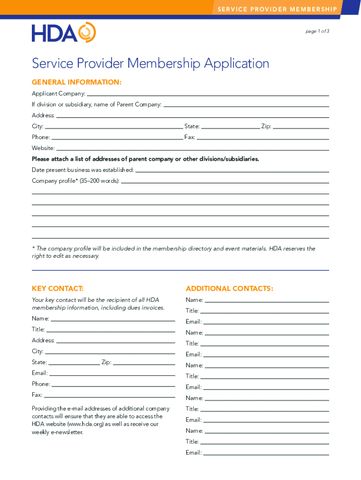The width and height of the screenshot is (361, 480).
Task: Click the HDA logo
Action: coord(64,32)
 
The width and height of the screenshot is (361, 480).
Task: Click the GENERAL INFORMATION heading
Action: coord(77,82)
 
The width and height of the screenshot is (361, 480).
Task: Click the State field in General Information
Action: coord(230,127)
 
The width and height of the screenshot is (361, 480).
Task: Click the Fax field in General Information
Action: coord(263,137)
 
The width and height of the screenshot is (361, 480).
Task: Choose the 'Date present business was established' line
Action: coord(232,170)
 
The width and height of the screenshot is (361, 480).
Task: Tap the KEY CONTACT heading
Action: coord(58,288)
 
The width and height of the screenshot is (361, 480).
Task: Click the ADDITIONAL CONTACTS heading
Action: coord(229,288)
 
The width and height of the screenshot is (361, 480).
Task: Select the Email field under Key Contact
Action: coord(112,374)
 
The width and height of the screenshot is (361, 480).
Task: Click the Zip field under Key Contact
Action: coord(144,363)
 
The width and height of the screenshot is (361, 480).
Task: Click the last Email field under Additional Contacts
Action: coord(266,453)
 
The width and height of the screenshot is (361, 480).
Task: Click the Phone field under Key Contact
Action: coord(113,384)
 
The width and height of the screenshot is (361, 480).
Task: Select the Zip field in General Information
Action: coord(301,127)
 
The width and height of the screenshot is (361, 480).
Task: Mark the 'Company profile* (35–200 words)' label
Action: coord(75,181)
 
